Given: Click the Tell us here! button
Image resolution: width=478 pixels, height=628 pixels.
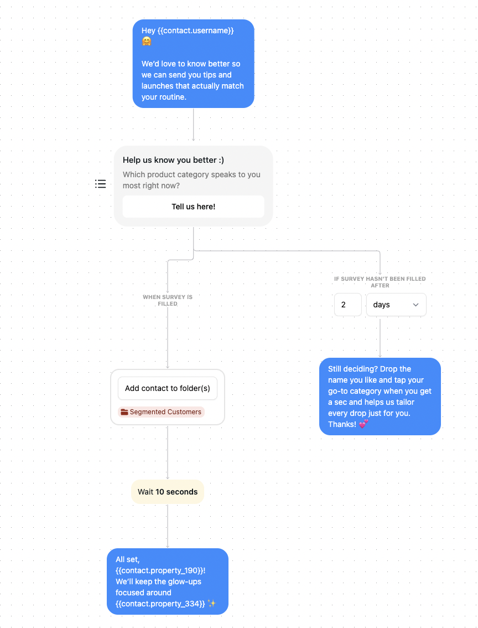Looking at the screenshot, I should tap(193, 207).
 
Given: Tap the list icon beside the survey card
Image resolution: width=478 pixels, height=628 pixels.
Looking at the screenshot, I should tap(100, 184).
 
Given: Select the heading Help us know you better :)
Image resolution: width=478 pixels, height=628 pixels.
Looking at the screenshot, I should tap(173, 160).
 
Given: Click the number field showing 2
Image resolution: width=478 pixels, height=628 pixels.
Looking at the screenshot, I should tap(347, 305).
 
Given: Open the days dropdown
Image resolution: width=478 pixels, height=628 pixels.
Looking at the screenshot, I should tap(396, 305).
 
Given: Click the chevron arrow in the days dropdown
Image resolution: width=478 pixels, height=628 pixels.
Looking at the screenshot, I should tap(415, 305).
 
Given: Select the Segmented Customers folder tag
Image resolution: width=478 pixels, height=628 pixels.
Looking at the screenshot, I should tap(161, 412).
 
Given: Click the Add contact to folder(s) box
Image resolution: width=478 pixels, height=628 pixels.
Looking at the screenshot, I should tap(167, 388).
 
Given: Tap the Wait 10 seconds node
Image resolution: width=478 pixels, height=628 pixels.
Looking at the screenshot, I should tap(167, 492).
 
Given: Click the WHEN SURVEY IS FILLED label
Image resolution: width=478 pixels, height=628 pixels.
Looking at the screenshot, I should tap(168, 300).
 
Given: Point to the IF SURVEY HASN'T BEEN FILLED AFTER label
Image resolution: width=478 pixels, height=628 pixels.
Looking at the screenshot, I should tap(380, 282).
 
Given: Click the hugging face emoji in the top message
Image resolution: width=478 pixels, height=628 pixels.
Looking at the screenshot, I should tap(147, 42).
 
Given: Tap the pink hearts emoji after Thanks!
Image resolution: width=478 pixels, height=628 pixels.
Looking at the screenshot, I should tap(363, 424).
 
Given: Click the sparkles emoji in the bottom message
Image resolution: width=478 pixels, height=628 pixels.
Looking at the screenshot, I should tap(212, 604).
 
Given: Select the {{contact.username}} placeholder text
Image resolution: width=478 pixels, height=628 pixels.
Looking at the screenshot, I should tap(195, 30).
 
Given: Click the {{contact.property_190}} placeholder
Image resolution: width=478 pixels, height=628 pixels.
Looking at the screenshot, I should tap(159, 570).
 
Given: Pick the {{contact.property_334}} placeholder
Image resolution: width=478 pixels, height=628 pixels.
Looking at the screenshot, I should tap(160, 604).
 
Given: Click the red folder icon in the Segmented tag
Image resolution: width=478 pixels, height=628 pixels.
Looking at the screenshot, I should tap(124, 412).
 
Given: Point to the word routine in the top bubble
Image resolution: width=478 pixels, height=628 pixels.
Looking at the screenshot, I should tap(172, 97).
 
